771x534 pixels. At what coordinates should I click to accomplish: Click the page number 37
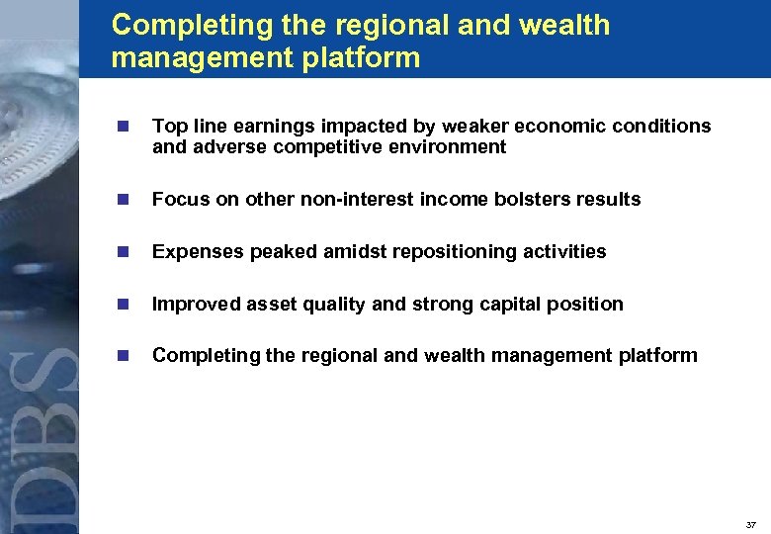[x=751, y=524]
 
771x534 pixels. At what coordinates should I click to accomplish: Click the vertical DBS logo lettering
[x=40, y=435]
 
